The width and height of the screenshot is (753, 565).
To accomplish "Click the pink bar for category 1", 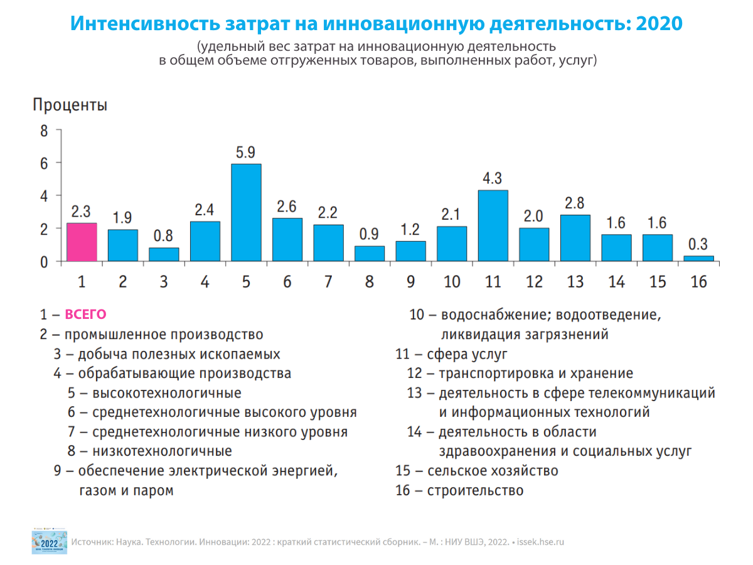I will coord(82,242).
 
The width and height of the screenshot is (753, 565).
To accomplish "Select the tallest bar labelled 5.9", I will coord(246,213).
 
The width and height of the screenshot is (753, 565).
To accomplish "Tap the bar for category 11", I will coord(493,226).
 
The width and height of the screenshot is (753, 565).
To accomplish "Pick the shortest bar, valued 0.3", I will coord(698,259).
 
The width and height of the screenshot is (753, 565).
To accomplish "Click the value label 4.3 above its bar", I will coord(493,178).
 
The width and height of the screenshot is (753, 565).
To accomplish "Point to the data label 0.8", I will coord(163,236).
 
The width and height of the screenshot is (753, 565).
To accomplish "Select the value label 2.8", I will coord(575,203).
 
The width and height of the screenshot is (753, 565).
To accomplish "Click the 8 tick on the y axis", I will coord(44,131).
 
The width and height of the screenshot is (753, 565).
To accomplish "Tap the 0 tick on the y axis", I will coord(44,262).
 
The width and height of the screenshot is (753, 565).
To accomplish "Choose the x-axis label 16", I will coord(698,282).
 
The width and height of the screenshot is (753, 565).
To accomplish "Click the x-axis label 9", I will coord(410,282).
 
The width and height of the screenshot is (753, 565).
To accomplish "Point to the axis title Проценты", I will coord(70,105).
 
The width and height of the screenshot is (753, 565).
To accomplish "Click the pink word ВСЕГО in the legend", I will coord(86,315).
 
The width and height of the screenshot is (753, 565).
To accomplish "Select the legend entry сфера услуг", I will coord(467,354).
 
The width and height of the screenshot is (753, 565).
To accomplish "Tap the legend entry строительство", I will coord(475,490).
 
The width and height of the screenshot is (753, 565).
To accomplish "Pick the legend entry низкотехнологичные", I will coord(162,451).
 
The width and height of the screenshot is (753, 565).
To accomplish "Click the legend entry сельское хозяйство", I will coord(493,471).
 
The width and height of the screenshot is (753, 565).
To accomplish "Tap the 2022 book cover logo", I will coord(49,541).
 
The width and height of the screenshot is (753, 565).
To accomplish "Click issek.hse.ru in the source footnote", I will coord(541,542).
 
